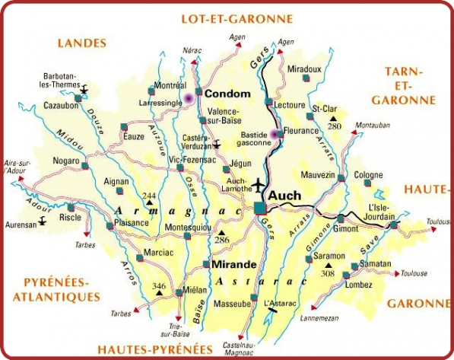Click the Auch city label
(x=285, y=196)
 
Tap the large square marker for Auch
(x=261, y=207)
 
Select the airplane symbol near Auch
(x=259, y=186)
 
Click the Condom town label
(x=227, y=93)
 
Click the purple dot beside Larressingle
(x=187, y=99)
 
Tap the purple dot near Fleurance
(x=275, y=133)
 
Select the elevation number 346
(x=159, y=286)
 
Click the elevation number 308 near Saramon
(x=329, y=272)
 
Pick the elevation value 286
(x=222, y=240)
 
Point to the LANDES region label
(x=81, y=43)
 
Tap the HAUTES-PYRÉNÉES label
(x=154, y=349)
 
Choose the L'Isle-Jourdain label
(x=383, y=212)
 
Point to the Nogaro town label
(x=66, y=161)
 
